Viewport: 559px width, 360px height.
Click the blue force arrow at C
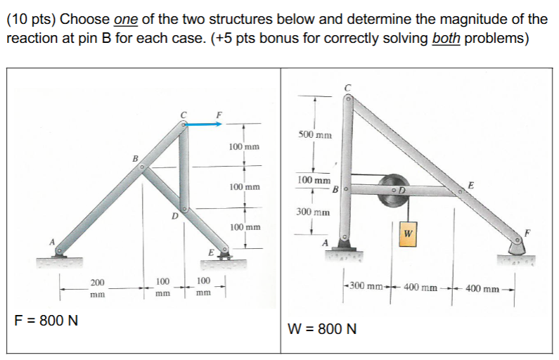tap(204, 124)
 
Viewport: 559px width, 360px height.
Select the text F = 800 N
tap(46, 321)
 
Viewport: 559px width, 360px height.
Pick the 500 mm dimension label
tap(314, 134)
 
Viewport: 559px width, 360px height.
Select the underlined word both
tap(446, 37)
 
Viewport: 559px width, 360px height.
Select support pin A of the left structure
tap(60, 250)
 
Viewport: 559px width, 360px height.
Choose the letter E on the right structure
tap(470, 184)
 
